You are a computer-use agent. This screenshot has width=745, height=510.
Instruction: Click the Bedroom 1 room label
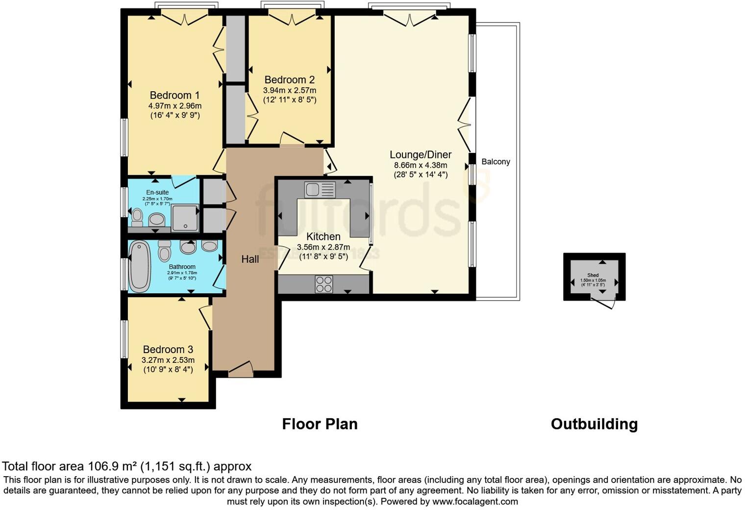point(174,95)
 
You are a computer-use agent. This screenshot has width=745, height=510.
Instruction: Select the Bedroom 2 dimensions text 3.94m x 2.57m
point(289,90)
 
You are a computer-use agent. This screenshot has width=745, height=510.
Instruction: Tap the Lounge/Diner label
point(421,154)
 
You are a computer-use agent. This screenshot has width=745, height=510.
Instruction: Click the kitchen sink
point(320,189)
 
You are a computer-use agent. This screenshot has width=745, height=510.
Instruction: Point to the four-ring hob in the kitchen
point(323,284)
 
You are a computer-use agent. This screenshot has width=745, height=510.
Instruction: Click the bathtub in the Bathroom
point(140,266)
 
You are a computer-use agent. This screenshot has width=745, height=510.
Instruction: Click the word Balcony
point(496,161)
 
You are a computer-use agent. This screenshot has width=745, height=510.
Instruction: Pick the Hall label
point(250,259)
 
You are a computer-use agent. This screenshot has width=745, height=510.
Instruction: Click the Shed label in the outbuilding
point(593,275)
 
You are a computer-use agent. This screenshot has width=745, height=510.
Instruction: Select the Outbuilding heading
point(594,424)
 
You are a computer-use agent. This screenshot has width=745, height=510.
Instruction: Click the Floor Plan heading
point(320,424)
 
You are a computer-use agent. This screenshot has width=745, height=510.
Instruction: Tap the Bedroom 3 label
point(168,349)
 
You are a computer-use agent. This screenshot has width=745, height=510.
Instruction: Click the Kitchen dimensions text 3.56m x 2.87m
point(323,247)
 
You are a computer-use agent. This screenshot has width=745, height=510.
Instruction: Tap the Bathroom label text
point(182,267)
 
